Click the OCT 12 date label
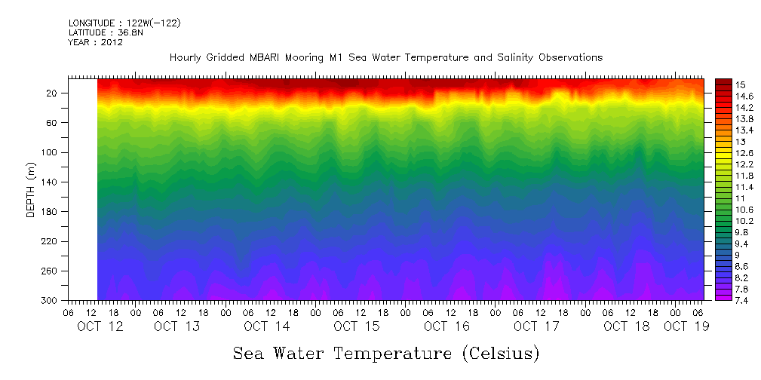click(x=100, y=326)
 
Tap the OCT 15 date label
click(x=356, y=326)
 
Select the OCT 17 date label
click(x=535, y=326)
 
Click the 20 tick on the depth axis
click(x=53, y=93)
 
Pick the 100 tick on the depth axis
click(x=51, y=153)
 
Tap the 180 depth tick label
click(x=51, y=212)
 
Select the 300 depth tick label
click(x=51, y=301)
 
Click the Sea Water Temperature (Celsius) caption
click(x=386, y=353)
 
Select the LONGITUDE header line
click(x=124, y=23)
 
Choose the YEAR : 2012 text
click(x=95, y=43)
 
